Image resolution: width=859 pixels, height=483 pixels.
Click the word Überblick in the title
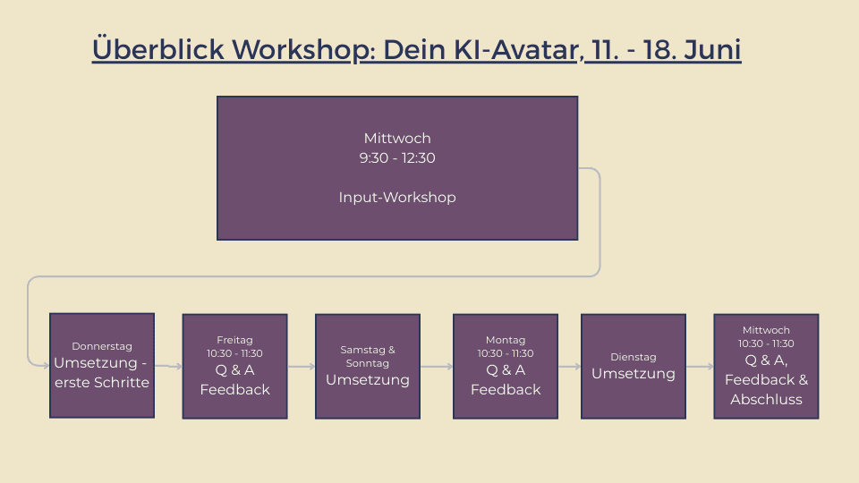[158, 48]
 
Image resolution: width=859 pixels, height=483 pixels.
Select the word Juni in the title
[712, 49]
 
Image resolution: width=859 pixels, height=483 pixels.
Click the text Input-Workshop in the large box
[397, 197]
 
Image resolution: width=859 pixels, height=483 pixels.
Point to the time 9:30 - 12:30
[397, 157]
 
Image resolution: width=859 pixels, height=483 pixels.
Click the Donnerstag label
[102, 346]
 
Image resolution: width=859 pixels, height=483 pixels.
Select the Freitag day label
[234, 340]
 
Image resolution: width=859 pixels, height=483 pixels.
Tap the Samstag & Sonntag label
[368, 357]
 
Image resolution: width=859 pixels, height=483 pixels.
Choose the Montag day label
[506, 340]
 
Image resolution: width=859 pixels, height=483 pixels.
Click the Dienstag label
[634, 357]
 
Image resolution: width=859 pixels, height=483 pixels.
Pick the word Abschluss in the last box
[766, 399]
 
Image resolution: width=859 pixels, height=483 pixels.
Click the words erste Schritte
[102, 382]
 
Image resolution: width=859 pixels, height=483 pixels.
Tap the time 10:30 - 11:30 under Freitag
[234, 353]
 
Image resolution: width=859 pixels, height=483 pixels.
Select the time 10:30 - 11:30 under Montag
[506, 353]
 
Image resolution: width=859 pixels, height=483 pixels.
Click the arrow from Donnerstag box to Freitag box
[168, 366]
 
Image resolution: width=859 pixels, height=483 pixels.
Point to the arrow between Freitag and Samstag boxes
[302, 367]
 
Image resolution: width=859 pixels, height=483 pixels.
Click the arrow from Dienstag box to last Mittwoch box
[700, 367]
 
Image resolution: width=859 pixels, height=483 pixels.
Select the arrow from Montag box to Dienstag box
[570, 367]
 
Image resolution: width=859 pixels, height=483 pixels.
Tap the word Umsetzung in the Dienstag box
[634, 374]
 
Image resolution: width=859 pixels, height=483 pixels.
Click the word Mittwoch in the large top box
[397, 138]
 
